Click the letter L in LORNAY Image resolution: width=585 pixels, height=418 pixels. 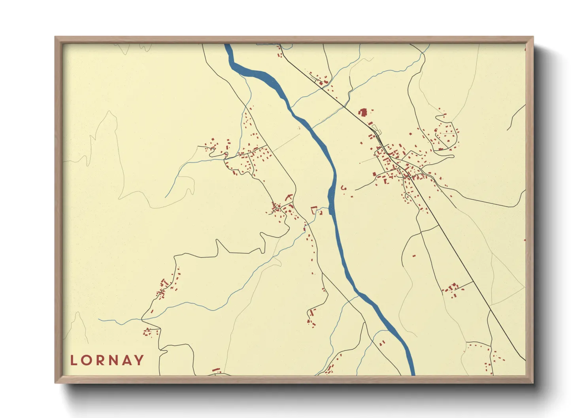[x=73, y=360]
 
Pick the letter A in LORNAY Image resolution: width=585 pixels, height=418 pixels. [x=126, y=360]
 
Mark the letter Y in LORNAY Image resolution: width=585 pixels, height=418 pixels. [x=139, y=360]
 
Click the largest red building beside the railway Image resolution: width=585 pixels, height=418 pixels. [x=363, y=113]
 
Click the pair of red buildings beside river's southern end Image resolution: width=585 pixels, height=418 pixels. [x=382, y=343]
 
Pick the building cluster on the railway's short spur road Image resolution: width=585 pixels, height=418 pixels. [x=452, y=289]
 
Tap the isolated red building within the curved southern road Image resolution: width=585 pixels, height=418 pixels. [x=414, y=256]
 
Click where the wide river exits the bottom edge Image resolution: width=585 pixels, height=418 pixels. [x=412, y=373]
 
